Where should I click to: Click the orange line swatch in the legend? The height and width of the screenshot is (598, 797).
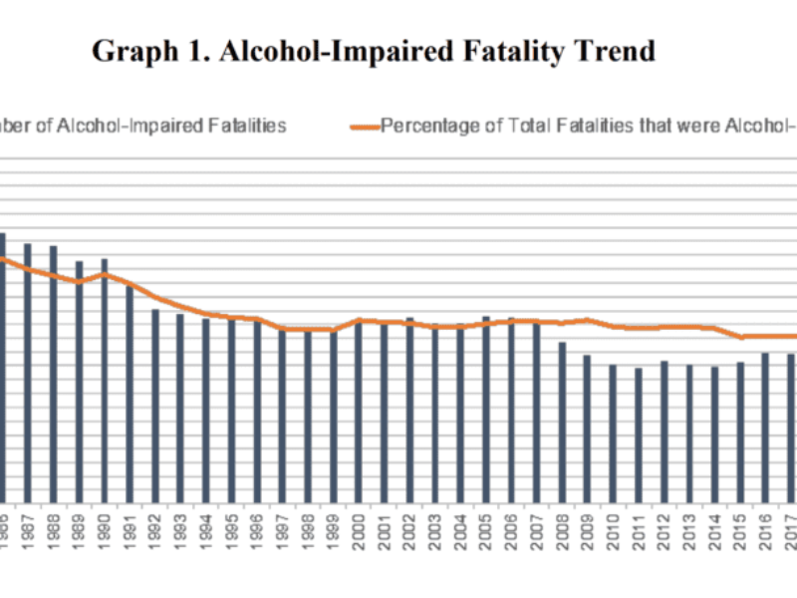point(365,127)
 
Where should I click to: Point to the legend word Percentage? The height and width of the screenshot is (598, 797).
point(428,127)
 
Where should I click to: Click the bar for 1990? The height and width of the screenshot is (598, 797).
point(104,380)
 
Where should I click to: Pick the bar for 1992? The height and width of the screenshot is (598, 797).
point(154,405)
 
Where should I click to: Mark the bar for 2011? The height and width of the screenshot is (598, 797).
point(638,435)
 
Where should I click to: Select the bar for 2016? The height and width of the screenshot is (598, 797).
point(765,427)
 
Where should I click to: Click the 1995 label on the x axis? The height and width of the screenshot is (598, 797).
point(231,526)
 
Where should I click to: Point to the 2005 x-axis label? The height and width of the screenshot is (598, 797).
point(485,526)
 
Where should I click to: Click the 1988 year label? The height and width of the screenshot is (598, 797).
point(53,526)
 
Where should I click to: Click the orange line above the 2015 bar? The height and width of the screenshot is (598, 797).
point(739,337)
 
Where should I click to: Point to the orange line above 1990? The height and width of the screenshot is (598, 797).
point(104,274)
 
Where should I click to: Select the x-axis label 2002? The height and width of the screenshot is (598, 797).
point(409,526)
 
